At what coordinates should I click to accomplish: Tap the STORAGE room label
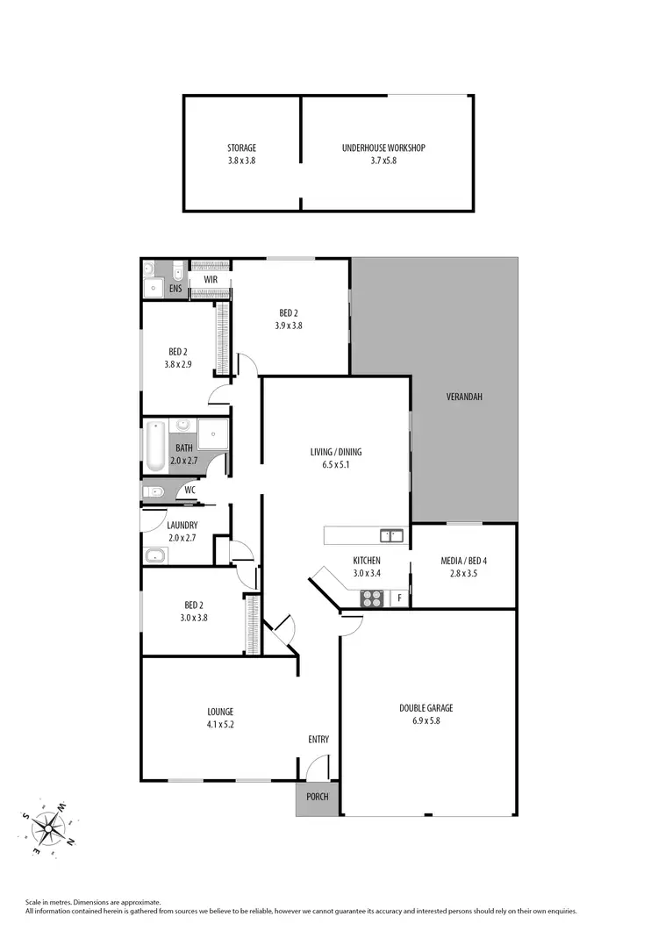(x=241, y=148)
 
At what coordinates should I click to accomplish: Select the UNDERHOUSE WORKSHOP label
(x=383, y=148)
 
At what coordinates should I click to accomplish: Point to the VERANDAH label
(x=464, y=397)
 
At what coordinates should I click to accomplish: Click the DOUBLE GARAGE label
(x=426, y=708)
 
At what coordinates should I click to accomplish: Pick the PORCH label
(x=316, y=798)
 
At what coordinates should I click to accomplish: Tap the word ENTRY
(x=318, y=740)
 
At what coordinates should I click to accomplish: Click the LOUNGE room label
(x=221, y=712)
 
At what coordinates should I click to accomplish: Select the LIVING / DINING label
(x=335, y=453)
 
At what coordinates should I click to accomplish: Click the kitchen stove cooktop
(x=373, y=599)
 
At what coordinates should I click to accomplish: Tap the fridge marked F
(x=399, y=599)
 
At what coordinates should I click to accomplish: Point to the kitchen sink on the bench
(x=391, y=535)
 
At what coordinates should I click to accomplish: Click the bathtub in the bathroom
(x=155, y=448)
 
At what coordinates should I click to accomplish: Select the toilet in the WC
(x=151, y=491)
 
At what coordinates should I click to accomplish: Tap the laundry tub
(x=156, y=555)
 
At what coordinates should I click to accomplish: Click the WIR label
(x=211, y=279)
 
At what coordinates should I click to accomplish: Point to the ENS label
(x=175, y=288)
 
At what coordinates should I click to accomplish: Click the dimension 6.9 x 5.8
(x=426, y=720)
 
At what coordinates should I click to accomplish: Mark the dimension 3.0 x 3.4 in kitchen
(x=367, y=573)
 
